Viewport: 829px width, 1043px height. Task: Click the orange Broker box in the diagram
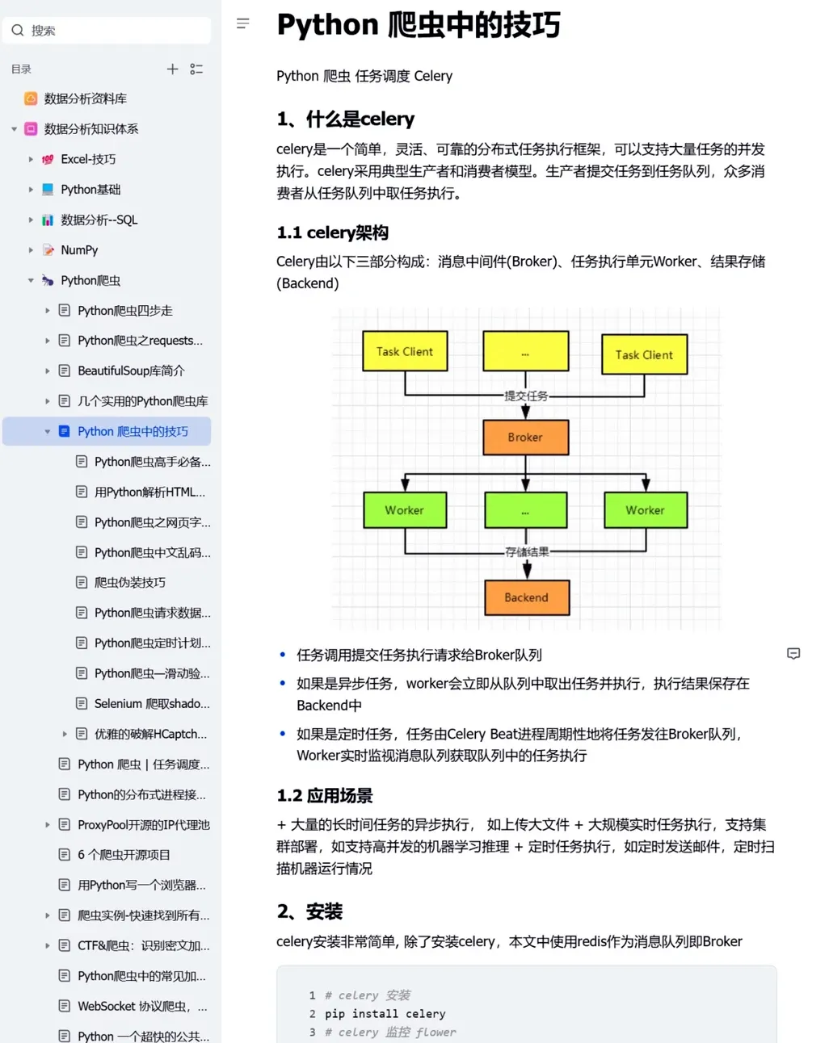click(x=525, y=438)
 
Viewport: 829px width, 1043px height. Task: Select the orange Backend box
click(x=526, y=597)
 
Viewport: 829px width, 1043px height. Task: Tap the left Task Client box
click(x=405, y=351)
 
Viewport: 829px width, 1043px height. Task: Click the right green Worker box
click(x=645, y=510)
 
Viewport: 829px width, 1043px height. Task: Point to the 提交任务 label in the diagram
click(x=526, y=396)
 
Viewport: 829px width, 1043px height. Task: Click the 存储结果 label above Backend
click(x=527, y=552)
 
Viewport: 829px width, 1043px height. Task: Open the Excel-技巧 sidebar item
click(x=88, y=159)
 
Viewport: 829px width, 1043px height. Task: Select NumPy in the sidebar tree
click(x=79, y=250)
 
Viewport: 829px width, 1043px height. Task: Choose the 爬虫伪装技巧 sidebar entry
click(x=130, y=583)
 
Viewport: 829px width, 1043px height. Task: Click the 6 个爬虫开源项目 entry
click(x=124, y=855)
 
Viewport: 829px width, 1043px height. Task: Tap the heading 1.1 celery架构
click(x=332, y=232)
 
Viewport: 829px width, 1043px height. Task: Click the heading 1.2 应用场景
click(x=325, y=796)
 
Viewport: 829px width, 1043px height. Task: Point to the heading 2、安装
click(x=309, y=912)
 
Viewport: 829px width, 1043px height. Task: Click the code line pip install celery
click(x=385, y=1014)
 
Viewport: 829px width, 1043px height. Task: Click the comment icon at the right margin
click(x=793, y=654)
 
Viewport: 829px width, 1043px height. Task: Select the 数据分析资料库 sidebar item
click(x=85, y=98)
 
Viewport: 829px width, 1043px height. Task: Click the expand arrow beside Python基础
click(x=31, y=190)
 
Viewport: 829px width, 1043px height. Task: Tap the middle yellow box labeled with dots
click(x=525, y=351)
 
